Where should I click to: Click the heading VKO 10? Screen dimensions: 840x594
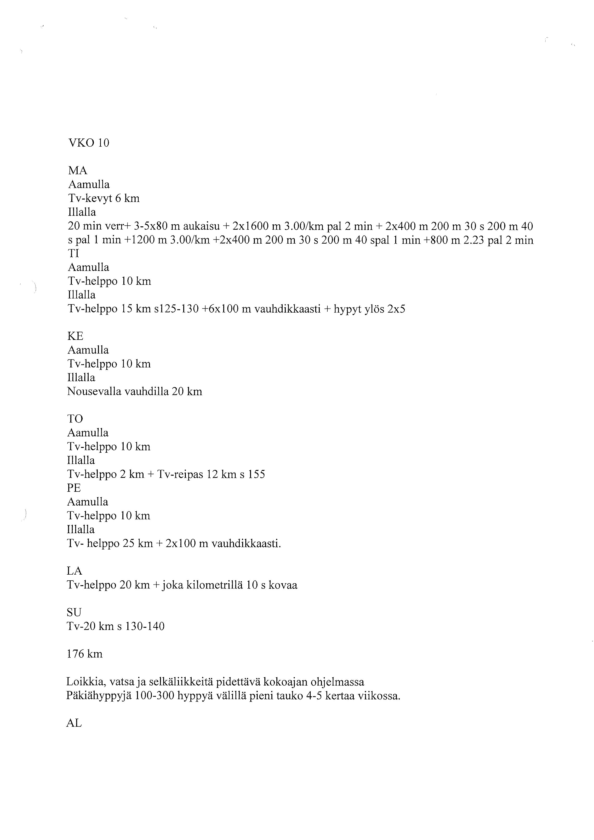click(89, 143)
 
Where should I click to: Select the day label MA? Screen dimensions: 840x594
click(78, 171)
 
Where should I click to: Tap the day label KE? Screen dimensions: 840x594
click(75, 336)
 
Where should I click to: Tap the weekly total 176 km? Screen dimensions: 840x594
click(85, 654)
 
